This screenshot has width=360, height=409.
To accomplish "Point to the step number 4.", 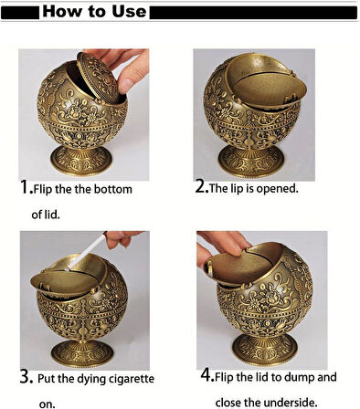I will click(x=206, y=375).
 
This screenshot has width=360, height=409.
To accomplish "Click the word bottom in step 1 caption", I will click(x=111, y=190).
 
